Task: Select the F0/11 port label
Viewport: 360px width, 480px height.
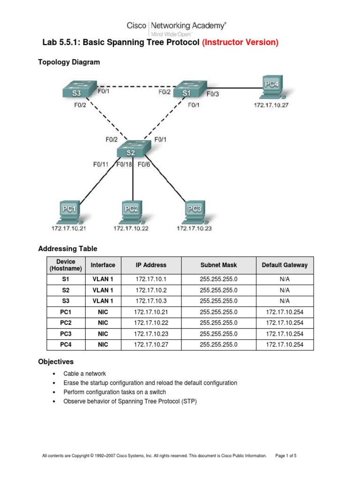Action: point(101,165)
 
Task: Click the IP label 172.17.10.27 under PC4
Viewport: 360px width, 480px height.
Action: point(271,105)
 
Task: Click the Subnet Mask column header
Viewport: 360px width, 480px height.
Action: point(218,265)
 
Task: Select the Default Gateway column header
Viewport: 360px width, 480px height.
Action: point(285,265)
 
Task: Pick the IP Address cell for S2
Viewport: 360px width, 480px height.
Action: point(151,290)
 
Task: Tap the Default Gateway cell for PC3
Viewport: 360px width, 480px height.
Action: point(285,334)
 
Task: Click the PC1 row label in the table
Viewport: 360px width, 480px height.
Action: point(65,312)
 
